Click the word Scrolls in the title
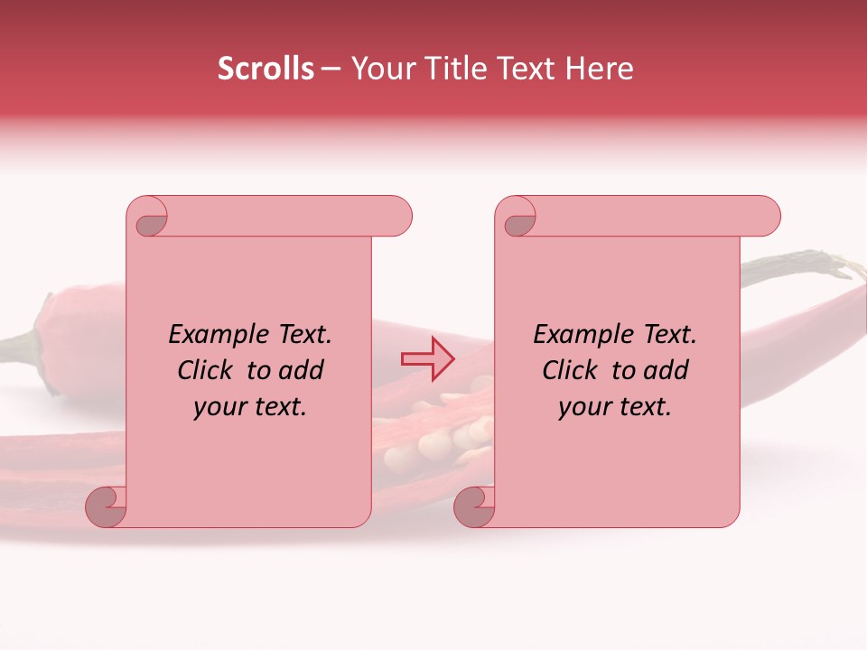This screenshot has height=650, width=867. [266, 69]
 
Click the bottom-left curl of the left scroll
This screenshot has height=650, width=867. [106, 506]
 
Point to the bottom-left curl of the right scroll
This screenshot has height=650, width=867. [474, 506]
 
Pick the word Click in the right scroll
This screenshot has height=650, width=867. [570, 370]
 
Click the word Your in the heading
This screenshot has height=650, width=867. [379, 69]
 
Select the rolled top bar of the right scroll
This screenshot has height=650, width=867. [650, 217]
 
